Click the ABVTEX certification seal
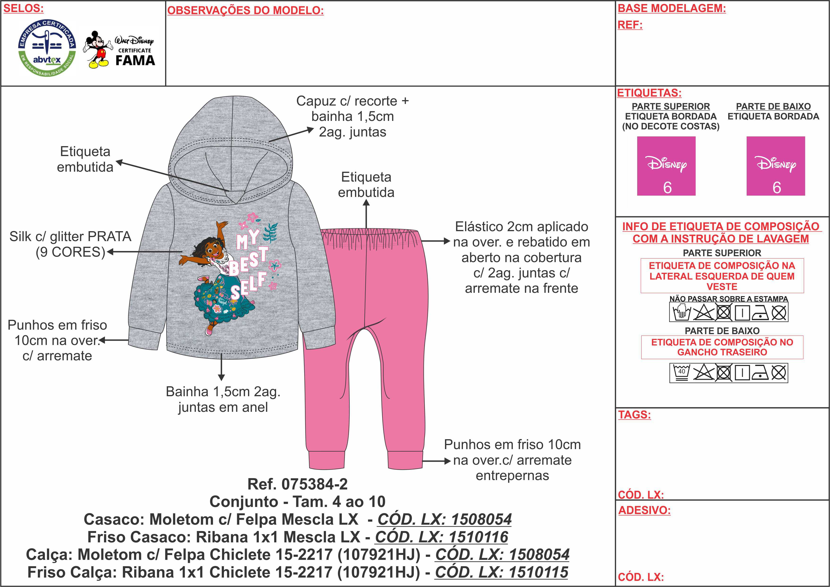click(x=47, y=48)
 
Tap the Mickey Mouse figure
click(x=97, y=50)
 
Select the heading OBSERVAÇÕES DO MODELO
click(x=245, y=10)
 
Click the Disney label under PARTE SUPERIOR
click(x=666, y=166)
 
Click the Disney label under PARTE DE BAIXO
click(x=775, y=166)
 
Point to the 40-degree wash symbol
click(x=681, y=373)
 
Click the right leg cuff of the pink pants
click(x=405, y=460)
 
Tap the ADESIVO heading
click(x=644, y=510)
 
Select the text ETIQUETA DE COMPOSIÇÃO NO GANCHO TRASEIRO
click(x=722, y=347)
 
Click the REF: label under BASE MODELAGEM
click(x=630, y=25)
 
